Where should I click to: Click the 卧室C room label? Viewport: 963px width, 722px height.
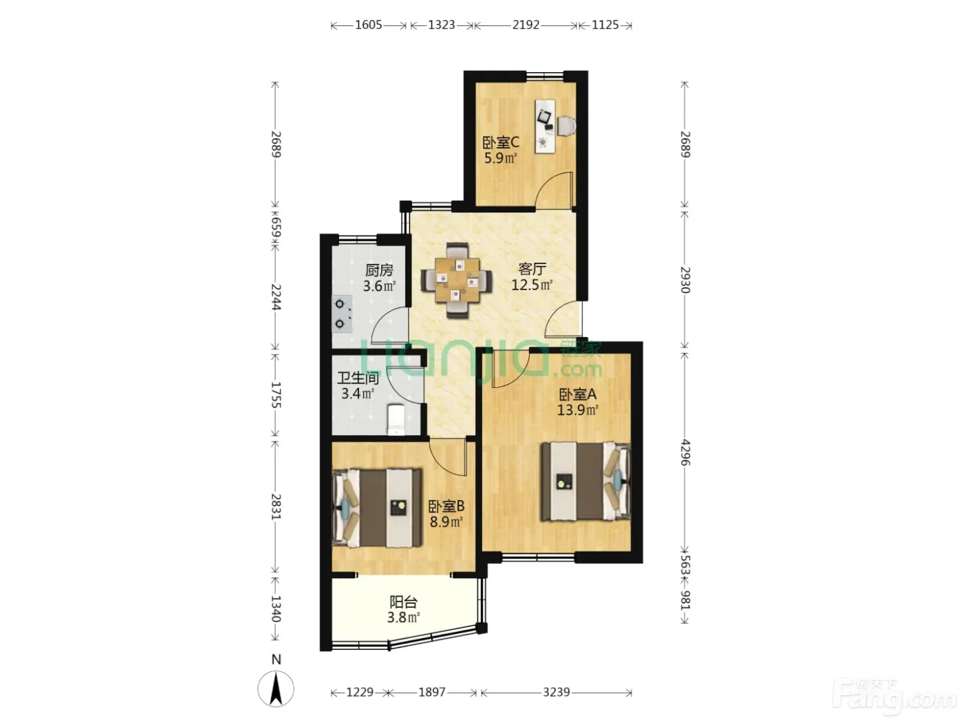[x=501, y=142]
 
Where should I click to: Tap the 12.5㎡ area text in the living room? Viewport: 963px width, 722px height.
[x=532, y=285]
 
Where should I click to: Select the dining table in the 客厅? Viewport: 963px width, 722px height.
[x=457, y=280]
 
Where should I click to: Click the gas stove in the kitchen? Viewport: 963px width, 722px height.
[x=342, y=314]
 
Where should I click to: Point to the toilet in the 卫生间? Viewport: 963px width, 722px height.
[x=396, y=419]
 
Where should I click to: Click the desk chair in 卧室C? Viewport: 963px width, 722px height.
[x=566, y=126]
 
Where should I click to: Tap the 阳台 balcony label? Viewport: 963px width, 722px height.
[x=403, y=602]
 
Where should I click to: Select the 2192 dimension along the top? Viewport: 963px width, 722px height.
[x=526, y=25]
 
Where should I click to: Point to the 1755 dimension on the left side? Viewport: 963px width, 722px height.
[x=276, y=395]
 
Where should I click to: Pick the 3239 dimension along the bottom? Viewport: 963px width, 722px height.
[x=556, y=692]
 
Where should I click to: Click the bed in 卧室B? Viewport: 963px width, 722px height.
[x=377, y=508]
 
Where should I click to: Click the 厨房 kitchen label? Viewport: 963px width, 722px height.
[x=379, y=270]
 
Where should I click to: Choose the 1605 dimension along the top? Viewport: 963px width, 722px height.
[x=368, y=25]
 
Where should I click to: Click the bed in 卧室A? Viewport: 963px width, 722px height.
[x=586, y=481]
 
